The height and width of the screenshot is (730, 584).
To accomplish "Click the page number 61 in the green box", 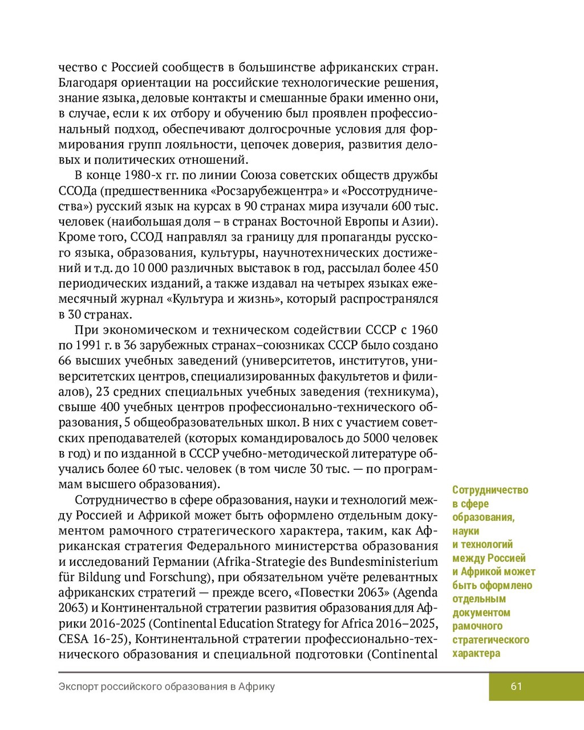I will pos(516,686).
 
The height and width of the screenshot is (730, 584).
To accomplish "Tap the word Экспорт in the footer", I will pos(78,687).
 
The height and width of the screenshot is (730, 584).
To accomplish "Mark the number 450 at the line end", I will pos(428,268).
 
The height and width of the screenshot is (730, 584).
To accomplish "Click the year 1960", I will pos(424,330).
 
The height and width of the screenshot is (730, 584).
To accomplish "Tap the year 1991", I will pos(87,345).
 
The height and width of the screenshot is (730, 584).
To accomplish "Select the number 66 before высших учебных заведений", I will pos(64,360).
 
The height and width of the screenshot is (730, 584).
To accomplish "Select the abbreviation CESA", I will pos(72,639).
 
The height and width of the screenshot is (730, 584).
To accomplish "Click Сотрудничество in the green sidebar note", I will pos(490,490).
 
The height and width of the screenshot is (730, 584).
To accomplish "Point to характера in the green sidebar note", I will pos(476,654).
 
